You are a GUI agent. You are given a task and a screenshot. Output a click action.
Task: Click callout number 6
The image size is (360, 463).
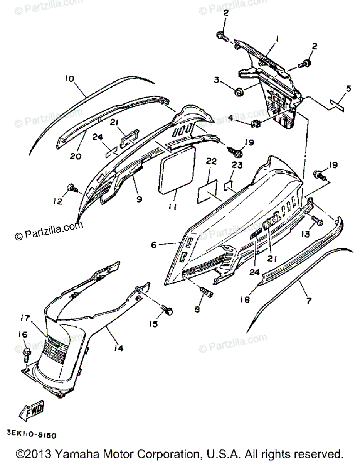click(154, 245)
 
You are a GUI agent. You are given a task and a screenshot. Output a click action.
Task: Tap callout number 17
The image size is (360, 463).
click(25, 319)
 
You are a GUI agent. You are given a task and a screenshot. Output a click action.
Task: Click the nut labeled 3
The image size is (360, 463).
click(238, 92)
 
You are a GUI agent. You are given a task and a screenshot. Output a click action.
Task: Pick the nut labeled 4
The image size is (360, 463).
click(255, 124)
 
